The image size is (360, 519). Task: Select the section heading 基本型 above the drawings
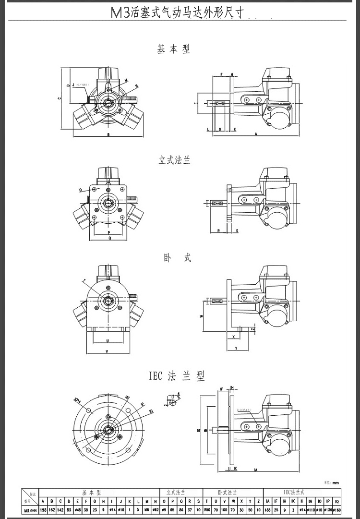coord(174,49)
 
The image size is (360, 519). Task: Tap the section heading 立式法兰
coord(175,160)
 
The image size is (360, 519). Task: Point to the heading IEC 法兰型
coord(177,376)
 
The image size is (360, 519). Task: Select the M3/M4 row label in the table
coord(29,509)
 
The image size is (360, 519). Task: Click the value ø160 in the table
coord(336,509)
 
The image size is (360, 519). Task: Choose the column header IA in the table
coord(268,501)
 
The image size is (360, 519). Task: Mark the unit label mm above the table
coord(336,483)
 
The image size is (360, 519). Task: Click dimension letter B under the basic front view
coord(108,135)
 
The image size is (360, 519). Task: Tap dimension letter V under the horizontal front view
coord(107,352)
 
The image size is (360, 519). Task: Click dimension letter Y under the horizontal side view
coord(236,348)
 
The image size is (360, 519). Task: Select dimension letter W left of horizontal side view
coord(202,316)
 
